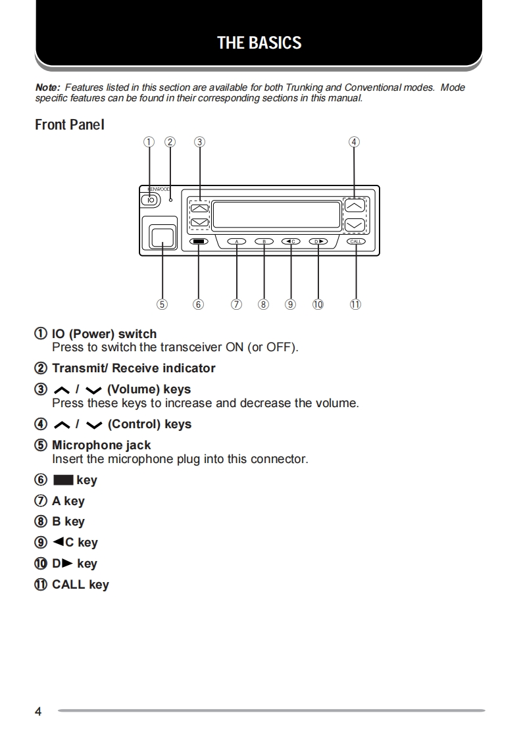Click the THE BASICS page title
(259, 43)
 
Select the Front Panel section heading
(69, 124)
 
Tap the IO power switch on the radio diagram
(151, 200)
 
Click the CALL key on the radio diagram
(356, 241)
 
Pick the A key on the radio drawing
(237, 241)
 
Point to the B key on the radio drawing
(264, 241)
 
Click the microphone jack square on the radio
(162, 236)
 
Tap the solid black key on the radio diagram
(199, 241)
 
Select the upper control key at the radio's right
(355, 206)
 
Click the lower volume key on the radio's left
(199, 223)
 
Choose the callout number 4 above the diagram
(354, 141)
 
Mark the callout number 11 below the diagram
(355, 304)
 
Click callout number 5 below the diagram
(162, 304)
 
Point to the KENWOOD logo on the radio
(158, 189)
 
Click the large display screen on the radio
(276, 214)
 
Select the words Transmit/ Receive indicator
(134, 368)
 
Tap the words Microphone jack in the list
(101, 445)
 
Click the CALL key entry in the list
(80, 585)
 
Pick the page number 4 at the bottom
(38, 712)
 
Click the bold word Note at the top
(47, 87)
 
